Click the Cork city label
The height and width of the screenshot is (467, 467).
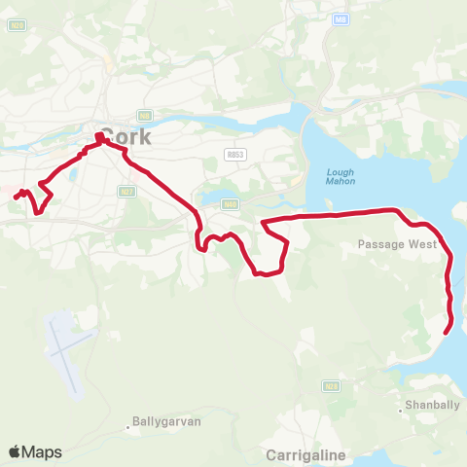pyautogui.click(x=126, y=136)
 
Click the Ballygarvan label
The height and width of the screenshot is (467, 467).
pyautogui.click(x=164, y=424)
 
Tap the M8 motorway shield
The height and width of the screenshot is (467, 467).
pyautogui.click(x=341, y=18)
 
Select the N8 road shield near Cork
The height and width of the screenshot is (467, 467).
pyautogui.click(x=144, y=115)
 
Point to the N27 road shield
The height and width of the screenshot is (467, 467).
pyautogui.click(x=126, y=192)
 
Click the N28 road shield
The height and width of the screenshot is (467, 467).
pyautogui.click(x=332, y=386)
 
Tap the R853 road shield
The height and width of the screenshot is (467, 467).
pyautogui.click(x=233, y=154)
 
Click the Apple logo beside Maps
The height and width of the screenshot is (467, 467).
pyautogui.click(x=16, y=451)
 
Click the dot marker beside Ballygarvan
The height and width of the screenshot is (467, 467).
pyautogui.click(x=127, y=425)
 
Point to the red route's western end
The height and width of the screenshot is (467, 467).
pyautogui.click(x=16, y=198)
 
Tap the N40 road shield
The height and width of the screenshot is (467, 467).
pyautogui.click(x=230, y=203)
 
